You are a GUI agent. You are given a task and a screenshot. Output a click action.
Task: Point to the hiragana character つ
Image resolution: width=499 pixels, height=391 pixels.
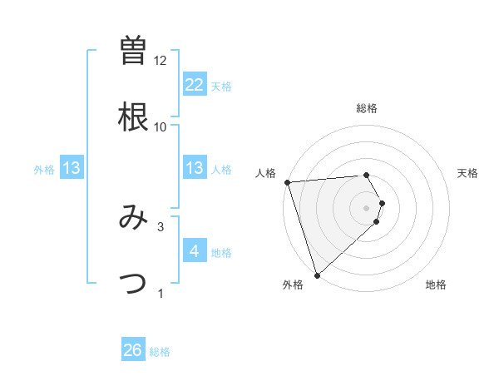133,284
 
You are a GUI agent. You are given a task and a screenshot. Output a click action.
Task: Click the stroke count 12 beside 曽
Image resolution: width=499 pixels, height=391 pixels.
161,61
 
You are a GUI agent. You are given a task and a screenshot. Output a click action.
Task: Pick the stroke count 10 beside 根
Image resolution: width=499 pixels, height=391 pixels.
161,127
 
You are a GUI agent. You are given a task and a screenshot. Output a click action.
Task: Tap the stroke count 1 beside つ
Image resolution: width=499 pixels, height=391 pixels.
161,293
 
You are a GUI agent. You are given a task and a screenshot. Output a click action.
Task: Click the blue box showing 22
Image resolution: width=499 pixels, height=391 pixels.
194,84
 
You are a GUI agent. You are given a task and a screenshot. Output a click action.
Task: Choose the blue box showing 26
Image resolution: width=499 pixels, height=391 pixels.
133,350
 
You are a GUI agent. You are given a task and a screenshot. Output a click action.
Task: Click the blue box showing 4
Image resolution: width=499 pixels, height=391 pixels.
194,250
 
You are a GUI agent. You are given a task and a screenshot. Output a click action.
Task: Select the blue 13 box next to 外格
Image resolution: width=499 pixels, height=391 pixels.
72,168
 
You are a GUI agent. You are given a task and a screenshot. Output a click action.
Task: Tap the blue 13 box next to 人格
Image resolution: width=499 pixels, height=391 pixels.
194,168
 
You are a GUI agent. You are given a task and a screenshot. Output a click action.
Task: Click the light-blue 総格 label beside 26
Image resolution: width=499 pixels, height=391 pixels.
160,352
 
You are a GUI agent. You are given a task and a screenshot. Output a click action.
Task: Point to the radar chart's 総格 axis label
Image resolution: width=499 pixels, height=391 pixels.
367,108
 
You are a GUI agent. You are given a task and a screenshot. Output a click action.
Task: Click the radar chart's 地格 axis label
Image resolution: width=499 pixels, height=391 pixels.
436,285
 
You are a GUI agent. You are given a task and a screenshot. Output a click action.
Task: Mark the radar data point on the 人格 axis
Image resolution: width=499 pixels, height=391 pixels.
286,182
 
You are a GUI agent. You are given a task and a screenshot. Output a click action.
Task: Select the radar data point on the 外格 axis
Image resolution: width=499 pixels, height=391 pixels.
317,275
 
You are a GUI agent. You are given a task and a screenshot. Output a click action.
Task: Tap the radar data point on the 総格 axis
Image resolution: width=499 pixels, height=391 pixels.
367,176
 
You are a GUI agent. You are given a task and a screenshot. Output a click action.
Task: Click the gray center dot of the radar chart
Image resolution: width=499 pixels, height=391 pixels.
367,207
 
